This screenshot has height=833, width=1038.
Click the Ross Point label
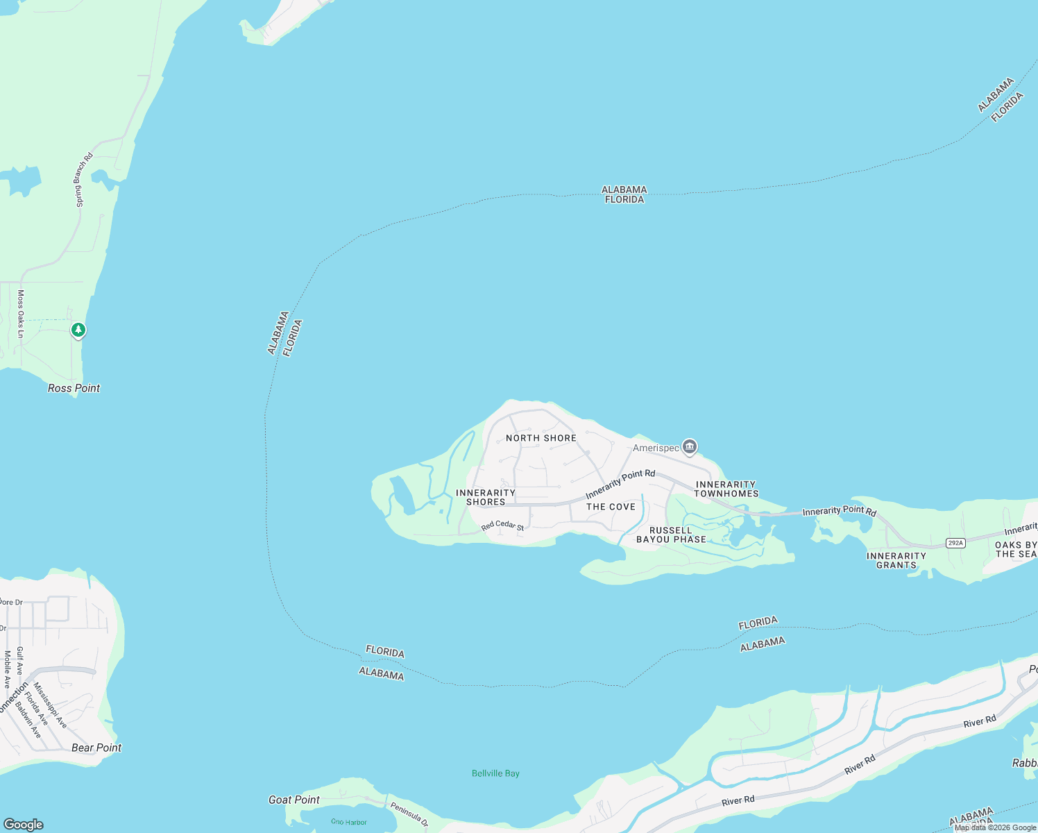pos(74,388)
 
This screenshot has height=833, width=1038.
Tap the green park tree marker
pos(78,330)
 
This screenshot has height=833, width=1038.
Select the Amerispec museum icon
pos(689,446)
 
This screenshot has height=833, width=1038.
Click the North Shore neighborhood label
pos(541,438)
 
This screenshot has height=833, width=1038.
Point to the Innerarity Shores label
pos(486,497)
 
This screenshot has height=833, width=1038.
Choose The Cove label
pos(611,507)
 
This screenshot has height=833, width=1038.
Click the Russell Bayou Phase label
pos(671,535)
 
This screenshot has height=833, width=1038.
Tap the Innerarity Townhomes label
pos(726,489)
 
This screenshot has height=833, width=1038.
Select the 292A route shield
pos(955,543)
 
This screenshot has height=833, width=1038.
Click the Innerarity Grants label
pos(896,560)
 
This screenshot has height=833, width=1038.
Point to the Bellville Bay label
pos(495,773)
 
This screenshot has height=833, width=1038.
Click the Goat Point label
pos(294,800)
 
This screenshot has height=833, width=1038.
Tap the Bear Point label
pos(96,748)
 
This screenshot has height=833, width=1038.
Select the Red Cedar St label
pos(502,526)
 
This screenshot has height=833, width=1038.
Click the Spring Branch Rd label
pos(84,180)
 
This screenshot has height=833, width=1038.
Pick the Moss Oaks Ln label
pos(21,314)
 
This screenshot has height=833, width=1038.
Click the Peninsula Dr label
pos(409,814)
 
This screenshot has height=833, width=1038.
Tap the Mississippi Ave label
pos(51,705)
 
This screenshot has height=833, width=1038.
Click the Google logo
pos(24,824)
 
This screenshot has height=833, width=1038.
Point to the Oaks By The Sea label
pos(1016,549)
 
